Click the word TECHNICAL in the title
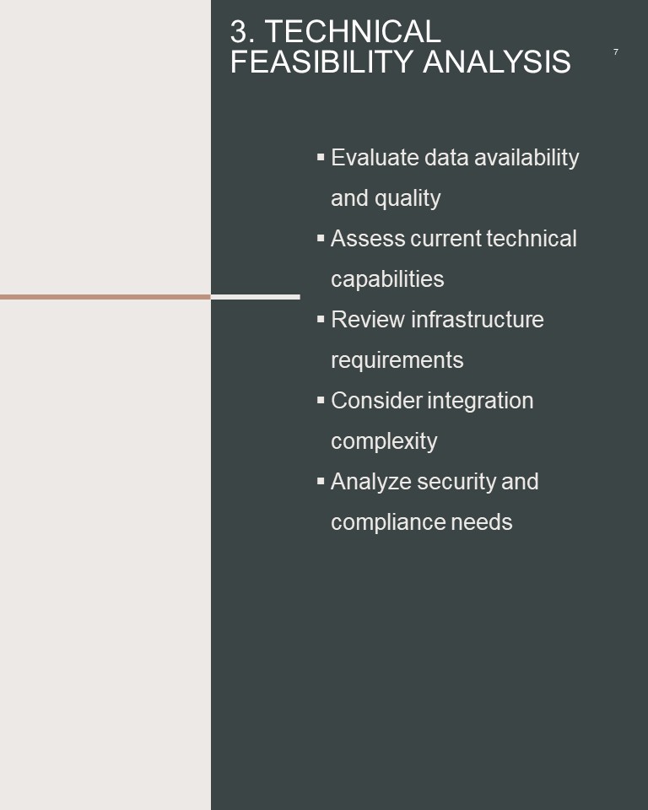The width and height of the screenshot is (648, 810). coord(353,31)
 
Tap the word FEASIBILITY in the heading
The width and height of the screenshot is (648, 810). coord(321,62)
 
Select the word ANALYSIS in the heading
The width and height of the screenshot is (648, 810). coord(497,62)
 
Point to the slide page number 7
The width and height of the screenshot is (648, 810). coord(615,51)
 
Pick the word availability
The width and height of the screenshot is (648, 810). coord(526,158)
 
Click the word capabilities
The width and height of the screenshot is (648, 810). coord(387,279)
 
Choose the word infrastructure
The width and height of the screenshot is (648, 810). coord(478,319)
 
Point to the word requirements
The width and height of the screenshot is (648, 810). coord(397,360)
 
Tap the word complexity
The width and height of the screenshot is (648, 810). coord(384,441)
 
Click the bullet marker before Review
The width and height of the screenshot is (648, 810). coord(321,319)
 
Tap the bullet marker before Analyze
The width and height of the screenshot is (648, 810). coord(321,482)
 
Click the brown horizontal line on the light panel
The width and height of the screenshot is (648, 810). coord(105,297)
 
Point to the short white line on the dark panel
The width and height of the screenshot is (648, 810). coord(256,297)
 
